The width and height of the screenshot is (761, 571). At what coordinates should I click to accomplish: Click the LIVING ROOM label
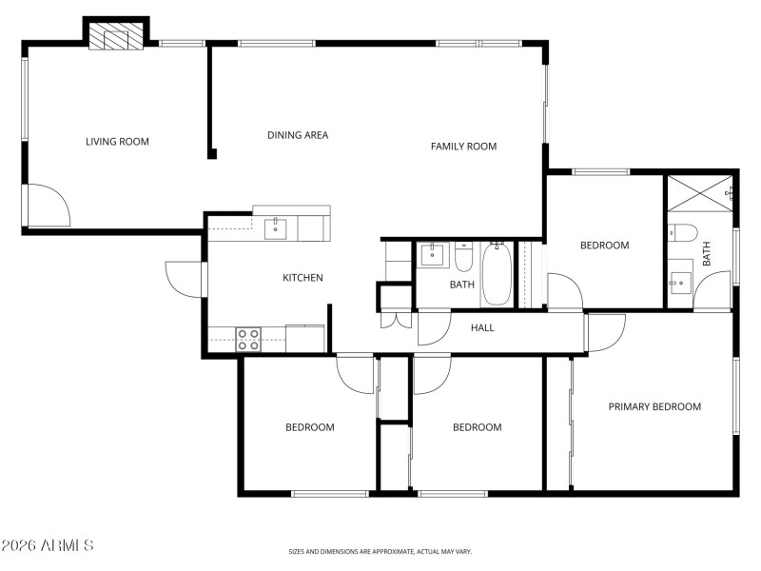pyautogui.click(x=117, y=142)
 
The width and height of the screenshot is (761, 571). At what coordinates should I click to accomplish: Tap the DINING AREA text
pyautogui.click(x=298, y=135)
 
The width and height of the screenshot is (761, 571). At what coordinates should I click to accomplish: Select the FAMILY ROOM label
pyautogui.click(x=463, y=147)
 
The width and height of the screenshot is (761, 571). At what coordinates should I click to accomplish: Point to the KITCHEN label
pyautogui.click(x=302, y=278)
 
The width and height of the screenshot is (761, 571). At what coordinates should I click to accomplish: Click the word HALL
pyautogui.click(x=483, y=328)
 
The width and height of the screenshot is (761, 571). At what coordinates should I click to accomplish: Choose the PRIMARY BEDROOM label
pyautogui.click(x=654, y=407)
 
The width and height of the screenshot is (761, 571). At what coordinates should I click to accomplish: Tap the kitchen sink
pyautogui.click(x=276, y=227)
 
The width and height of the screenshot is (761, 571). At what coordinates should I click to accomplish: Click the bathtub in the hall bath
pyautogui.click(x=496, y=276)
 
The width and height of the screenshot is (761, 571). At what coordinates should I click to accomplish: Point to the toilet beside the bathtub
pyautogui.click(x=463, y=258)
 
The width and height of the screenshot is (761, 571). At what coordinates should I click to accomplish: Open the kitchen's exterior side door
pyautogui.click(x=184, y=279)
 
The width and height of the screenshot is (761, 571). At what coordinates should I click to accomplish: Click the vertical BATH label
pyautogui.click(x=707, y=253)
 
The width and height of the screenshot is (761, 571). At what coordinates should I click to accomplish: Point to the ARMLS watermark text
pyautogui.click(x=48, y=546)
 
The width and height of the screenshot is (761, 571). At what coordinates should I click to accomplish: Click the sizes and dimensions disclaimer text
pyautogui.click(x=380, y=551)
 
